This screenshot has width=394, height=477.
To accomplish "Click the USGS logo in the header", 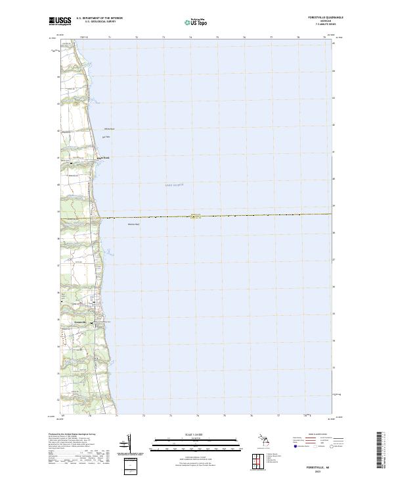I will point(60,20).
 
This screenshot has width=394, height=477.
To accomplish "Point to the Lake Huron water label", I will point(174,186).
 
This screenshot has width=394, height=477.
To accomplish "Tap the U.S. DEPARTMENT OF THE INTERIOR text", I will point(98,18).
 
